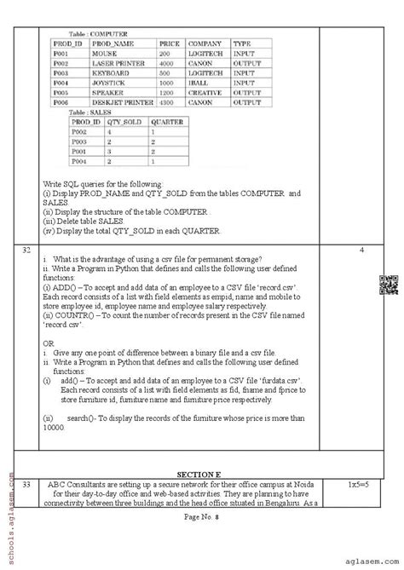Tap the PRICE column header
169,43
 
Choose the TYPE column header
242,43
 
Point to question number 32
27,251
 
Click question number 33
27,484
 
